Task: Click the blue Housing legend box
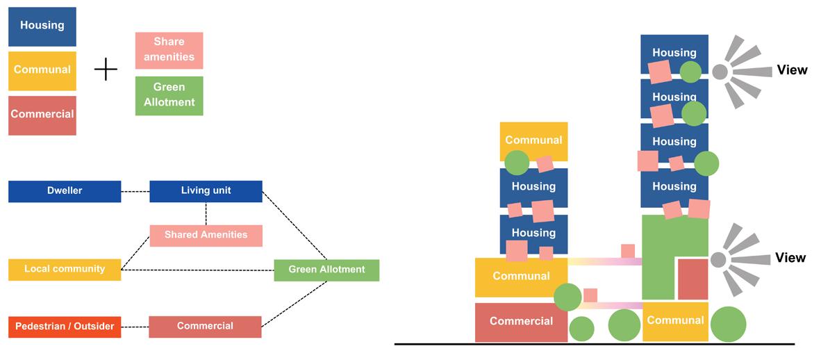pos(42,26)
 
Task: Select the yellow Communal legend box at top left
pos(42,70)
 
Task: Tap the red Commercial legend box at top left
pos(42,115)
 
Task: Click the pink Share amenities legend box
pos(169,50)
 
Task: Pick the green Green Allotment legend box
pos(169,95)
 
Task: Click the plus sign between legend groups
pos(106,69)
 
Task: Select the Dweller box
pos(65,191)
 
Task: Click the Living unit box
pos(206,191)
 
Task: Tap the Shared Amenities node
pos(206,236)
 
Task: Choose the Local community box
pos(65,269)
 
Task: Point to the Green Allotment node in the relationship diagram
pos(326,270)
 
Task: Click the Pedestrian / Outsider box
pos(65,327)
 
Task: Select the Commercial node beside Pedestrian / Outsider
pos(205,327)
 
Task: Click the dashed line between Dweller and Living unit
pos(135,191)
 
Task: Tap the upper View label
pos(792,70)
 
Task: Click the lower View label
pos(790,258)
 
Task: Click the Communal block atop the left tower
pos(533,140)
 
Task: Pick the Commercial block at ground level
pos(521,322)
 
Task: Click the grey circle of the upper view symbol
pos(720,71)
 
